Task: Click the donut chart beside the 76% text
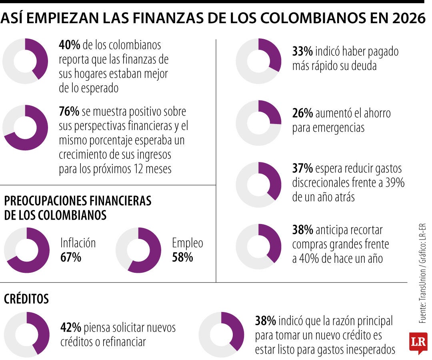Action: pyautogui.click(x=25, y=128)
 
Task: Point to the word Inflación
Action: pyautogui.click(x=78, y=243)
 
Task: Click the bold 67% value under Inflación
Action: pyautogui.click(x=71, y=257)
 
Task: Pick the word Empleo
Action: pyautogui.click(x=188, y=243)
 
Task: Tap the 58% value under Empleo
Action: pyautogui.click(x=182, y=257)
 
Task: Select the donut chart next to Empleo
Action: pyautogui.click(x=138, y=250)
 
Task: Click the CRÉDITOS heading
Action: pyautogui.click(x=26, y=299)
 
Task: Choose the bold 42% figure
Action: pyautogui.click(x=71, y=328)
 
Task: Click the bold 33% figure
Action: pyautogui.click(x=302, y=52)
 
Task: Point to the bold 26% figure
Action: pyautogui.click(x=302, y=114)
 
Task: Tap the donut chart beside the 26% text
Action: pyautogui.click(x=258, y=123)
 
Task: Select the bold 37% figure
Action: pyautogui.click(x=302, y=168)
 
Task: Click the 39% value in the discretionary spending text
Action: pyautogui.click(x=395, y=183)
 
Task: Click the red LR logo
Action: pyautogui.click(x=418, y=342)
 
